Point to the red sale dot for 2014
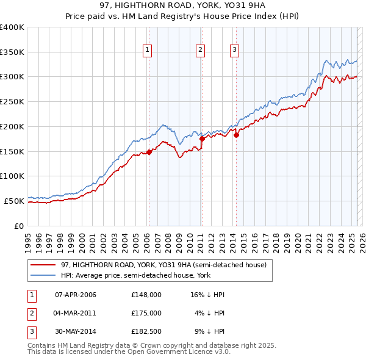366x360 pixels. tap(236, 135)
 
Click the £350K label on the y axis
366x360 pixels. tap(12, 52)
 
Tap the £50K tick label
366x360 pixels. tap(14, 200)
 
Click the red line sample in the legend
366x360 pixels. tap(43, 265)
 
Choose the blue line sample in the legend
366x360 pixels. tap(43, 275)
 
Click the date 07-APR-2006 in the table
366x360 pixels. tap(76, 295)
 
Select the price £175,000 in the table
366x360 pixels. tap(146, 313)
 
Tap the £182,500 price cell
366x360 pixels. tap(146, 331)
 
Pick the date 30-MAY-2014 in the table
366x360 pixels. tap(76, 331)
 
